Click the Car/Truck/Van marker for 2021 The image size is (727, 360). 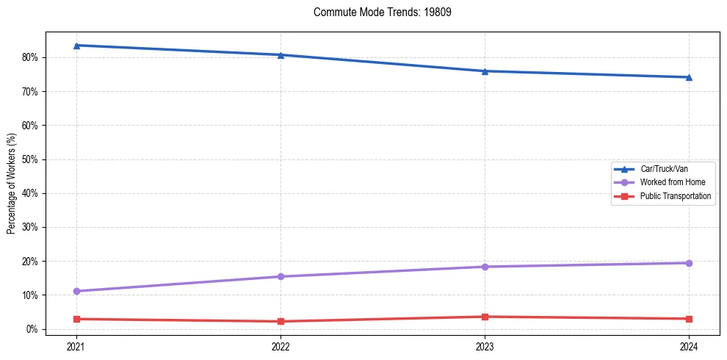point(76,46)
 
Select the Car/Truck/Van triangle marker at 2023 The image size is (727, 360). point(485,71)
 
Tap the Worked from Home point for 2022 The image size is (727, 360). point(281,276)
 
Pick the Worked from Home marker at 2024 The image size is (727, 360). point(689,263)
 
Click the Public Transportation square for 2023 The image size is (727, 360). point(485,317)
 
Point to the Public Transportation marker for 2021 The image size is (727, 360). point(76,319)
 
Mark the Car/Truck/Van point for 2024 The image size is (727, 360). point(689,77)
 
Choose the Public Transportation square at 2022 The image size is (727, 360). point(281,321)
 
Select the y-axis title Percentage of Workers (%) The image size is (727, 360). point(12,184)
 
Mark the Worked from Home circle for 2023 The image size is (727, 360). point(485,267)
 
